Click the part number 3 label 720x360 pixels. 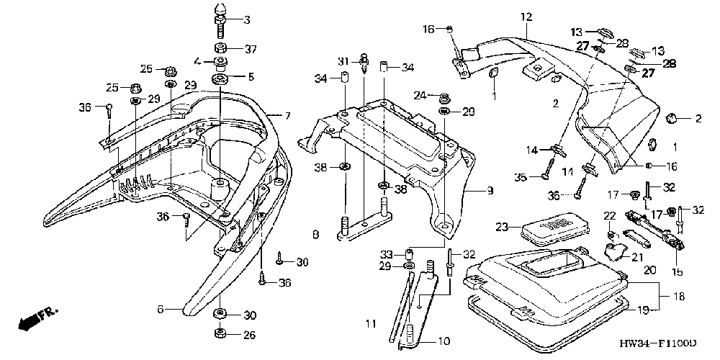click(x=247, y=19)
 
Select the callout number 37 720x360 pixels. click(x=249, y=48)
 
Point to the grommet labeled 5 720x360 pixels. click(x=220, y=77)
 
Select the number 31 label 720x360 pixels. click(x=345, y=59)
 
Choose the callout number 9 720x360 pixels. click(x=490, y=191)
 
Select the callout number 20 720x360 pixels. click(x=649, y=271)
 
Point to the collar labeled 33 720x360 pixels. click(x=408, y=254)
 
